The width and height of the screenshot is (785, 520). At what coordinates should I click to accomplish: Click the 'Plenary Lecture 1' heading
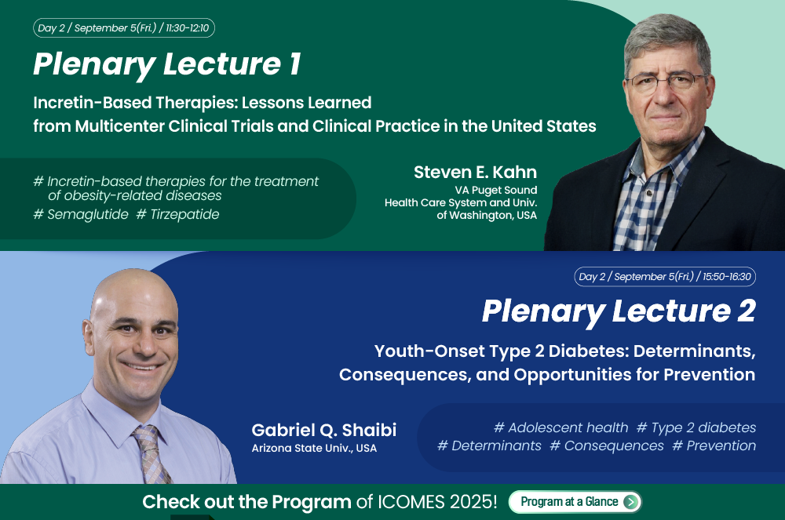click(x=167, y=65)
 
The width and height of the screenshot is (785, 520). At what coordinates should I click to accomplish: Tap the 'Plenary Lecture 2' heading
click(x=619, y=312)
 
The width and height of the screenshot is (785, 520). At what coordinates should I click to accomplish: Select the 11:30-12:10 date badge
click(x=124, y=28)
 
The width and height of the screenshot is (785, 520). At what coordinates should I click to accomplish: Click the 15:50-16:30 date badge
click(x=665, y=277)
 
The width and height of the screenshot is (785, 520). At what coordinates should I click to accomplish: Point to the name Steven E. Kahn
click(x=475, y=172)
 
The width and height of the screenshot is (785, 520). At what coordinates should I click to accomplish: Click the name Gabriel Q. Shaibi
click(x=324, y=430)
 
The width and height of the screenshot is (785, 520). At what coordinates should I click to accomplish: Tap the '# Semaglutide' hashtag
click(x=81, y=214)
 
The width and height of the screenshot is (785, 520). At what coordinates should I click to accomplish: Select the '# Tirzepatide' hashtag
click(x=177, y=214)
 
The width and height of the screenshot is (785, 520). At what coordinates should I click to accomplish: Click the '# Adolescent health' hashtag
click(x=560, y=427)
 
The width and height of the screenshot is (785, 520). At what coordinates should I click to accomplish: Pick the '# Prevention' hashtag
click(x=714, y=445)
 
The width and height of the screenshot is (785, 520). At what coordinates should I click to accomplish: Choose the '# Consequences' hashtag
click(x=607, y=445)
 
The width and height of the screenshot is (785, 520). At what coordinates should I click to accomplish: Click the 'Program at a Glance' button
click(x=575, y=501)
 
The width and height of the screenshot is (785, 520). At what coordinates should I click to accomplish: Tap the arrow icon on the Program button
click(x=631, y=501)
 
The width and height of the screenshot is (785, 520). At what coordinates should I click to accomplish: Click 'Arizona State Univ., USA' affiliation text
click(x=314, y=448)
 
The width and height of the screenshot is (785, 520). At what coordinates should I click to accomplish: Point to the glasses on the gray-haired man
click(x=666, y=81)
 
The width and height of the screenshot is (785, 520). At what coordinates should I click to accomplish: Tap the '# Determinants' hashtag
click(x=489, y=445)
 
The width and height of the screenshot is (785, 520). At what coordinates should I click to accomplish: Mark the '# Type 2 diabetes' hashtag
click(x=696, y=428)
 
